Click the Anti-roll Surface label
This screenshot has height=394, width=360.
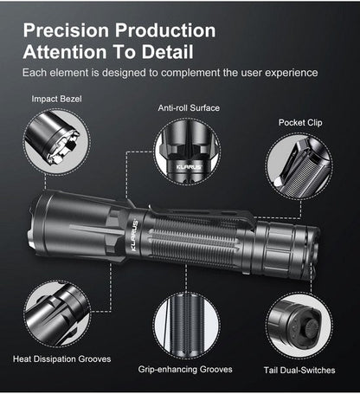(189, 108)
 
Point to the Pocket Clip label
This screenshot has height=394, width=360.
(302, 123)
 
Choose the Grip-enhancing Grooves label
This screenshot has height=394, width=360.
(185, 369)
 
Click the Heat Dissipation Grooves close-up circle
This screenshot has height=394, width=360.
(56, 313)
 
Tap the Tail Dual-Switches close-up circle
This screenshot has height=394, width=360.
(299, 326)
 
